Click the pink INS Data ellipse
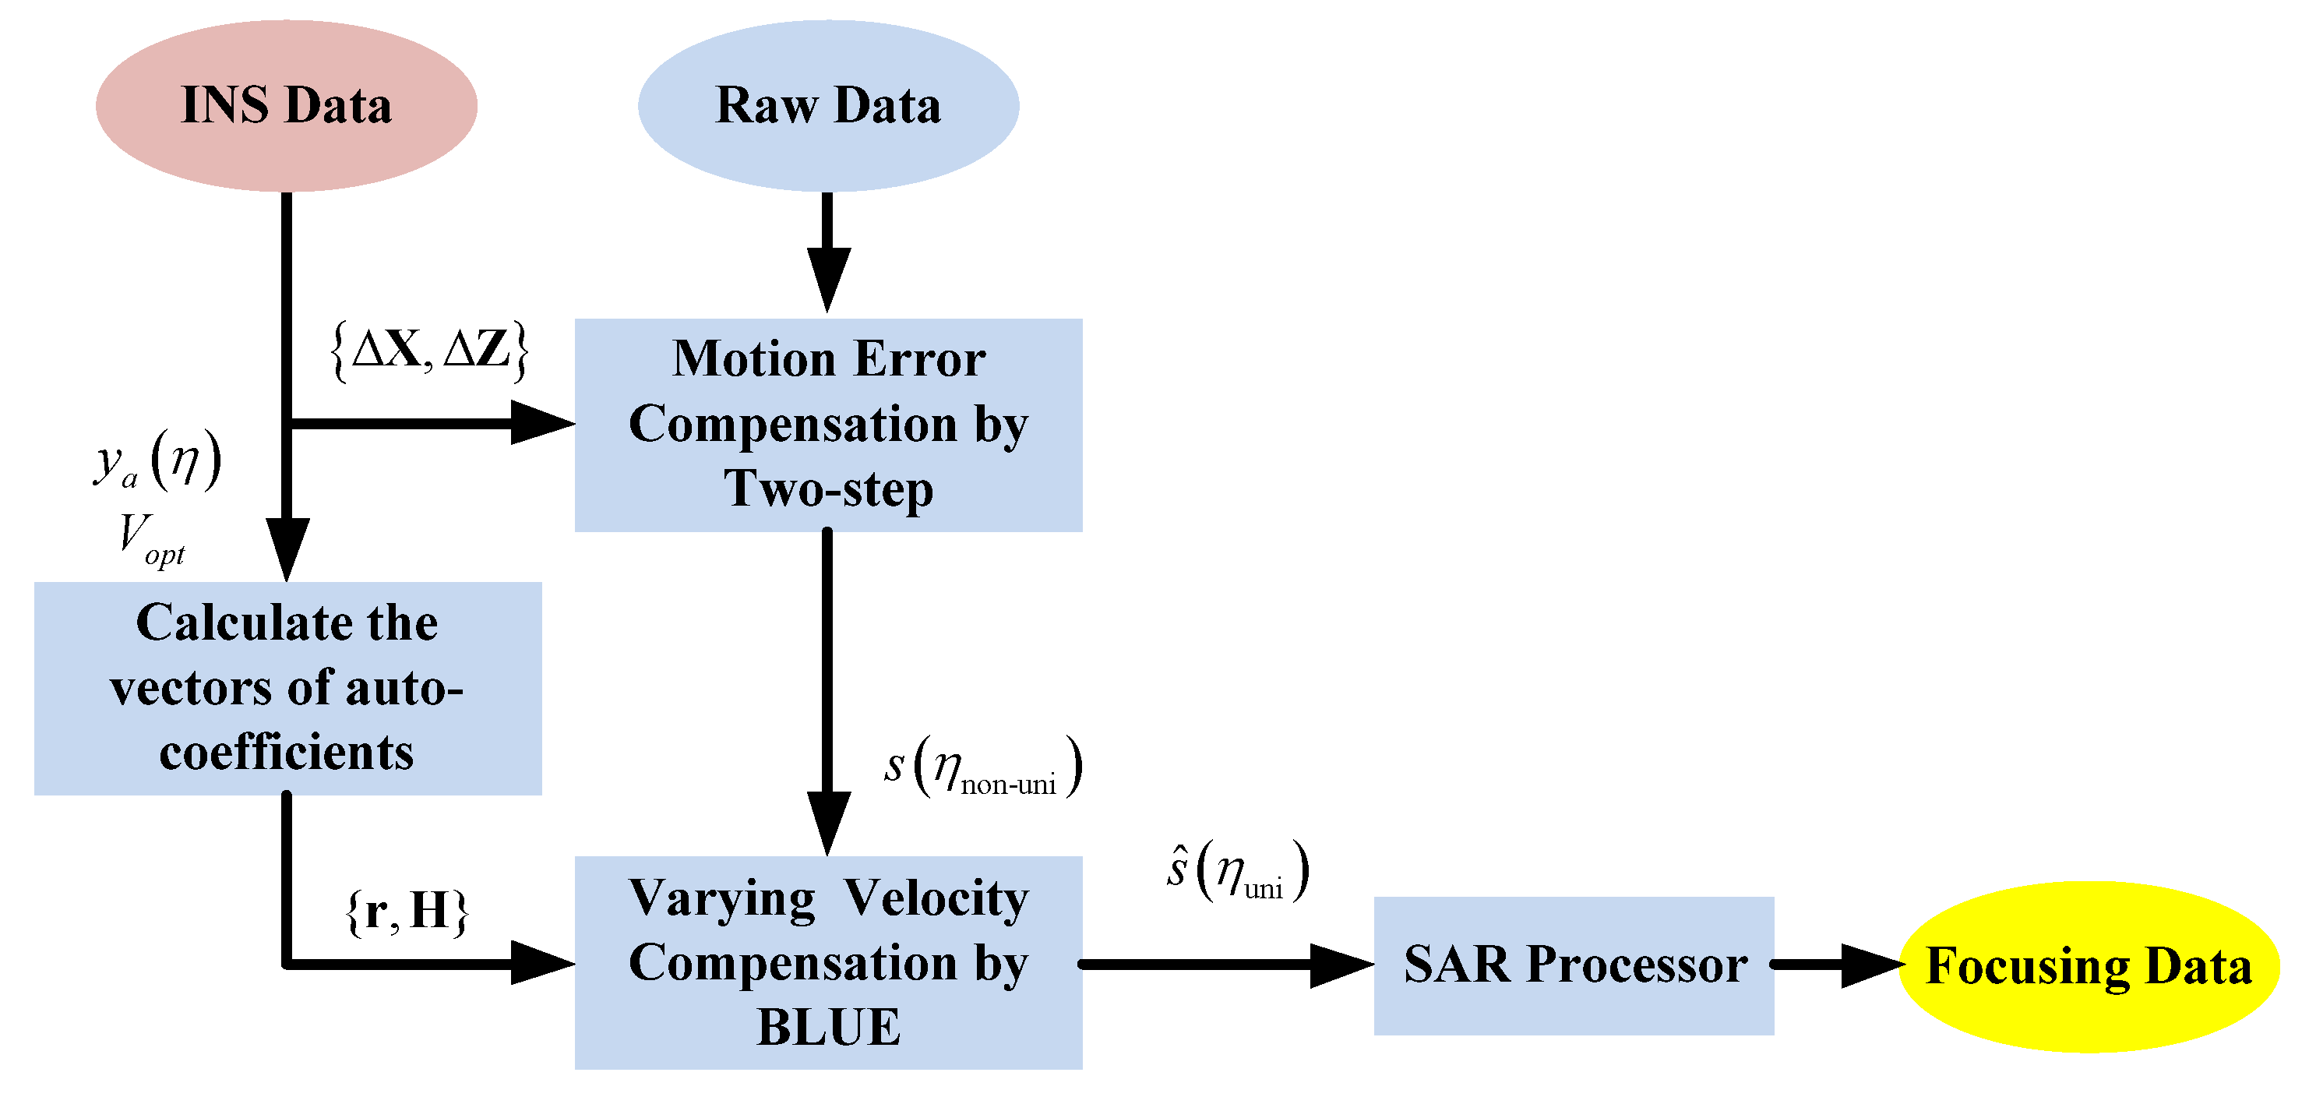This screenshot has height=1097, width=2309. pos(286,105)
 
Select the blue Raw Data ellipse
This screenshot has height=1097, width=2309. pos(827,105)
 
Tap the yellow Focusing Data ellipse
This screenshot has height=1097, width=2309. pos(2089,966)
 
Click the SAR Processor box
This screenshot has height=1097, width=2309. pos(1574,965)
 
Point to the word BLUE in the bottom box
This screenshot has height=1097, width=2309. pos(828,1027)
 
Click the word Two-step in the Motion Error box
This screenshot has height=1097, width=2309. pos(828,489)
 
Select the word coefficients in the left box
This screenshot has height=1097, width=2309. pos(286,752)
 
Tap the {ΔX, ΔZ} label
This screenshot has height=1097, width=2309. pos(429,351)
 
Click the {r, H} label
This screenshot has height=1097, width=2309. pos(407,912)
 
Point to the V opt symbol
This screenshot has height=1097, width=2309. pos(150,539)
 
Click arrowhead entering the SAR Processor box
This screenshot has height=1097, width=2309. pos(1341,965)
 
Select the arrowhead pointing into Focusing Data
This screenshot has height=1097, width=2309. pos(1871,965)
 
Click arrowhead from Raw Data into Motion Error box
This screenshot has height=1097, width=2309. pos(827,280)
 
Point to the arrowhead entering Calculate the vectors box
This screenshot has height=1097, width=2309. pos(286,548)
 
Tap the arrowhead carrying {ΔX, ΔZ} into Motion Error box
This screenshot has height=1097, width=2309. pos(541,423)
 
